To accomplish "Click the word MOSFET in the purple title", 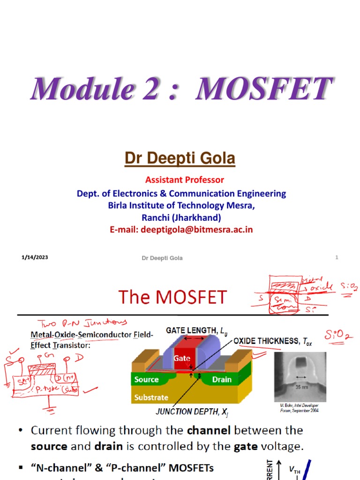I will pos(264,89).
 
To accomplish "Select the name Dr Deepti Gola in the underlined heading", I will pos(180,159).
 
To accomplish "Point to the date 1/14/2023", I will pos(35,257).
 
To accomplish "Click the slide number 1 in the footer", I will pos(337,257).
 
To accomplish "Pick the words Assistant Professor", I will pos(185,180).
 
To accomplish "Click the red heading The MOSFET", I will pos(172,297).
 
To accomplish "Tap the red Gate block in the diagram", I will pos(183,358).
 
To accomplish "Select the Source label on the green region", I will pos(147,380).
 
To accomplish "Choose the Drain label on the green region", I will pos(222,380).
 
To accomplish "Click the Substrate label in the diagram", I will pos(151,397).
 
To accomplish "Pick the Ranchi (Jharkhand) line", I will pos(181,217).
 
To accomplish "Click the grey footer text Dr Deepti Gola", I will pos(162,258).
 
